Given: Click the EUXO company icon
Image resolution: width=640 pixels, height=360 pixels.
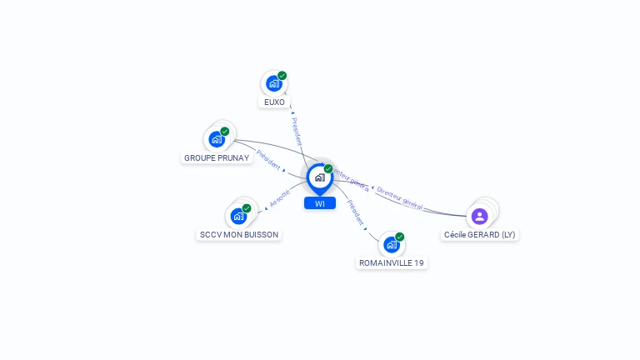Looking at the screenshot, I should point(273,83).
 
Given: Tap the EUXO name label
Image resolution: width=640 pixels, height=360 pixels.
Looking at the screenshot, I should point(274,102).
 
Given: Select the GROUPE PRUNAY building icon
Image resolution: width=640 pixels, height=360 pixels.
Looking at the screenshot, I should point(217,139).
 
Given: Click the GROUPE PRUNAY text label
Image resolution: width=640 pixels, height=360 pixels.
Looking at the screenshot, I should point(217,157).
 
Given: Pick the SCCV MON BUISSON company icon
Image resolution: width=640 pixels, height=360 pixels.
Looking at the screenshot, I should point(238,216).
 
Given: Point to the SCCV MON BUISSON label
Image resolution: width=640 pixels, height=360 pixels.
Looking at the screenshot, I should point(239,235).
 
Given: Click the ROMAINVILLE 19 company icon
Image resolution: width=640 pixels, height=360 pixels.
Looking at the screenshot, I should point(391,244).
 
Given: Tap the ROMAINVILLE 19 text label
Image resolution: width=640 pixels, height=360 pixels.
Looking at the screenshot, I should point(392,263).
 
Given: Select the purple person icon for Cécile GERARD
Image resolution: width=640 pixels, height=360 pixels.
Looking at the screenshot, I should point(479,217).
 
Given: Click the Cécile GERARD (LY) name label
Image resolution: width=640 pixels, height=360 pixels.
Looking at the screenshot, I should point(480,235).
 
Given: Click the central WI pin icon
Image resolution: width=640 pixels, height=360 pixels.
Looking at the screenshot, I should point(319,177).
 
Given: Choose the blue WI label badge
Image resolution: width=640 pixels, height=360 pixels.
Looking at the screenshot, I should point(320,203).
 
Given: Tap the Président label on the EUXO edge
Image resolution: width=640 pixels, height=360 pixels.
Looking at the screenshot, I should point(297,131).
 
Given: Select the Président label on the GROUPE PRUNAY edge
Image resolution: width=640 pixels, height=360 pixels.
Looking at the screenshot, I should point(268,159).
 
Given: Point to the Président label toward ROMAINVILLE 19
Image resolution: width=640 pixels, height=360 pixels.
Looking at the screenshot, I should point(355,212).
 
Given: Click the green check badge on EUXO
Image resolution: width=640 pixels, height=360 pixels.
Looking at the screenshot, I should point(282,76).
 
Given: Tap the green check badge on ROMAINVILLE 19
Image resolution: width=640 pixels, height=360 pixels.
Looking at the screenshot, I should point(400,237).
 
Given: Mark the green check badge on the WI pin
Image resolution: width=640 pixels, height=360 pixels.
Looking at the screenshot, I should point(328,169).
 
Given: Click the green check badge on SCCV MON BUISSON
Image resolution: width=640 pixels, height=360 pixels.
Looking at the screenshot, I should point(247,208).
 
